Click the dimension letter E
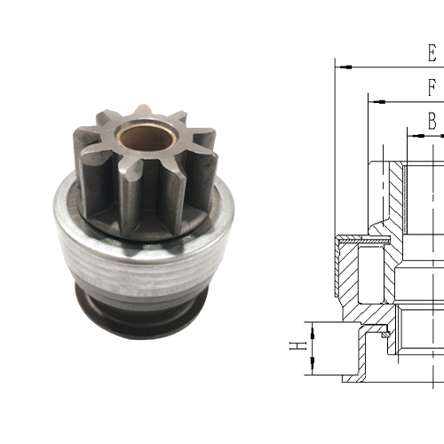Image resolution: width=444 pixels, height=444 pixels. (x=432, y=52)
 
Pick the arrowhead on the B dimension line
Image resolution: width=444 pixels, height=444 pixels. (x=414, y=135)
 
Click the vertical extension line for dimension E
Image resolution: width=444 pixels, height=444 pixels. (x=335, y=151)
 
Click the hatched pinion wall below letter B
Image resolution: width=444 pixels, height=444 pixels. (x=397, y=195)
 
